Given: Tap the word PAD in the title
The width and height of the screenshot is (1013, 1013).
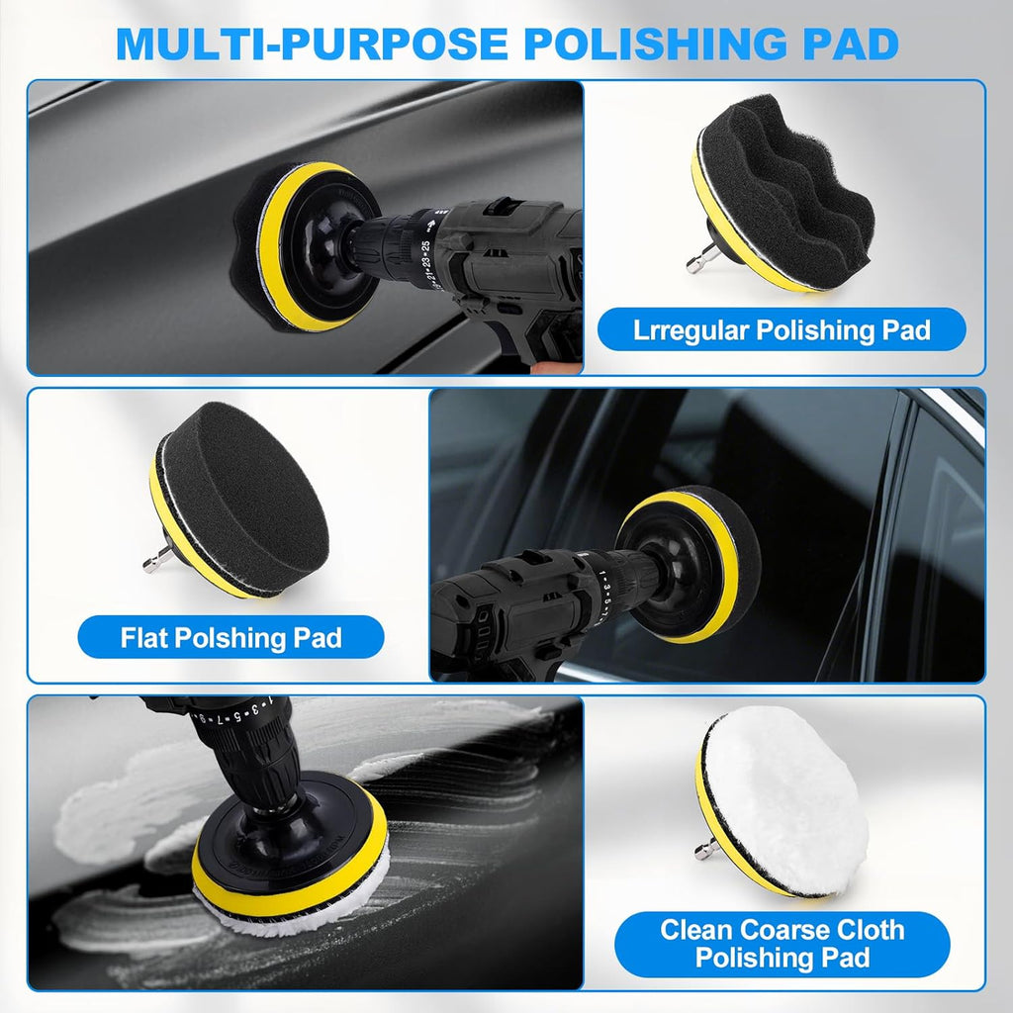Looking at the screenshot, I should pos(850,44).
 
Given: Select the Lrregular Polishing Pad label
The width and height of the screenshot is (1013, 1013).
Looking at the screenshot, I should pos(782,329).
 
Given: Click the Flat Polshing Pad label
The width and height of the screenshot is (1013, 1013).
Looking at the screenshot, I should pos(230,637).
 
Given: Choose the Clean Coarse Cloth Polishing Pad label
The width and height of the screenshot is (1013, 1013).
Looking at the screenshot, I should pos(782,944).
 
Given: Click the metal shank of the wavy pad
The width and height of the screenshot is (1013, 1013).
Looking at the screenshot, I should pos(700,259).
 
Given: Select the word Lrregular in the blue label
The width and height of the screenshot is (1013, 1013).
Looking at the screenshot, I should pos(690,329).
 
